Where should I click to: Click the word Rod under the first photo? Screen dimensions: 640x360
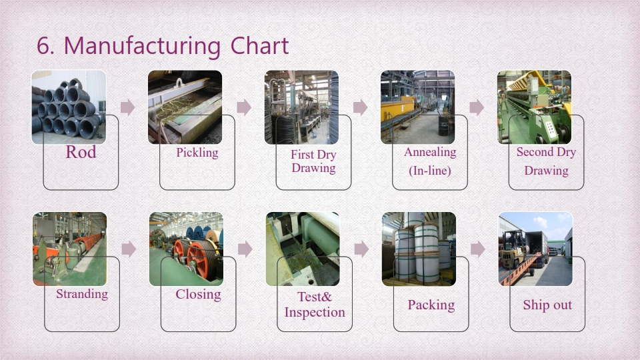81,152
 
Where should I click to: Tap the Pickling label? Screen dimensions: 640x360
197,153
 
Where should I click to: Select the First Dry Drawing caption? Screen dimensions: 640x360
313,161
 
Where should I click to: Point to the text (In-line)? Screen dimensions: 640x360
430,171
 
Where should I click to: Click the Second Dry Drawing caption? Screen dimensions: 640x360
546,161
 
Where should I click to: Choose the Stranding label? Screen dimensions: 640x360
82,294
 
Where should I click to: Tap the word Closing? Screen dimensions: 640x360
199,294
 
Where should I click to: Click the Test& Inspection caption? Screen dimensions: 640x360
315,305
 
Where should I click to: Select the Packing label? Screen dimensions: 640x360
431,305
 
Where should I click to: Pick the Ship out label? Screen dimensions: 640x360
547,305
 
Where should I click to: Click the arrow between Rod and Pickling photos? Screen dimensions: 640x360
127,107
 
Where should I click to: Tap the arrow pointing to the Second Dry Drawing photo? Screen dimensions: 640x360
477,107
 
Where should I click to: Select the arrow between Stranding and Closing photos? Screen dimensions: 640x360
129,249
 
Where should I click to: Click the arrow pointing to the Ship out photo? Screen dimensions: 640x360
477,249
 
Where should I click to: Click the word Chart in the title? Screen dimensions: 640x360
259,46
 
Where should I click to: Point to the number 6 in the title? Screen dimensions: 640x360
43,47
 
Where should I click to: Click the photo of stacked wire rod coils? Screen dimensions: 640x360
69,107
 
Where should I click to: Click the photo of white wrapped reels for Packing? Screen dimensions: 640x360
419,249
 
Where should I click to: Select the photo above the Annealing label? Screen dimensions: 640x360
417,107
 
